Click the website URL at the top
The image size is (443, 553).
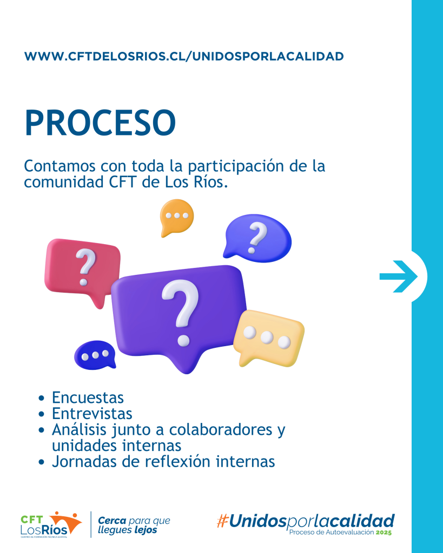(x=184, y=56)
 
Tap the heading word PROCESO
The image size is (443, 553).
(x=100, y=123)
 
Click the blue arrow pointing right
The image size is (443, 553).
(x=399, y=276)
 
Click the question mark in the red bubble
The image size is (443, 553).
(x=85, y=267)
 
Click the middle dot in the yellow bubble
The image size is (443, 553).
(x=267, y=337)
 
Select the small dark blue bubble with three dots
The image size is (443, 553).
(x=95, y=355)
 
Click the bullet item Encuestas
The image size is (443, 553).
(x=88, y=397)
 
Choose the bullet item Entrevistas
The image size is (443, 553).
(x=92, y=413)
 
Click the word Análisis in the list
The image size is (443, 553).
(x=79, y=429)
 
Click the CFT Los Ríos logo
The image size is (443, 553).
(x=51, y=524)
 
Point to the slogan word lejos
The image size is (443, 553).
(x=146, y=530)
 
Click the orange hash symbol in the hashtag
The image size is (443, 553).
(x=222, y=521)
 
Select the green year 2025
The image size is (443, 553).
(x=384, y=532)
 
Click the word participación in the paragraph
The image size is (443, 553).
(x=236, y=166)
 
